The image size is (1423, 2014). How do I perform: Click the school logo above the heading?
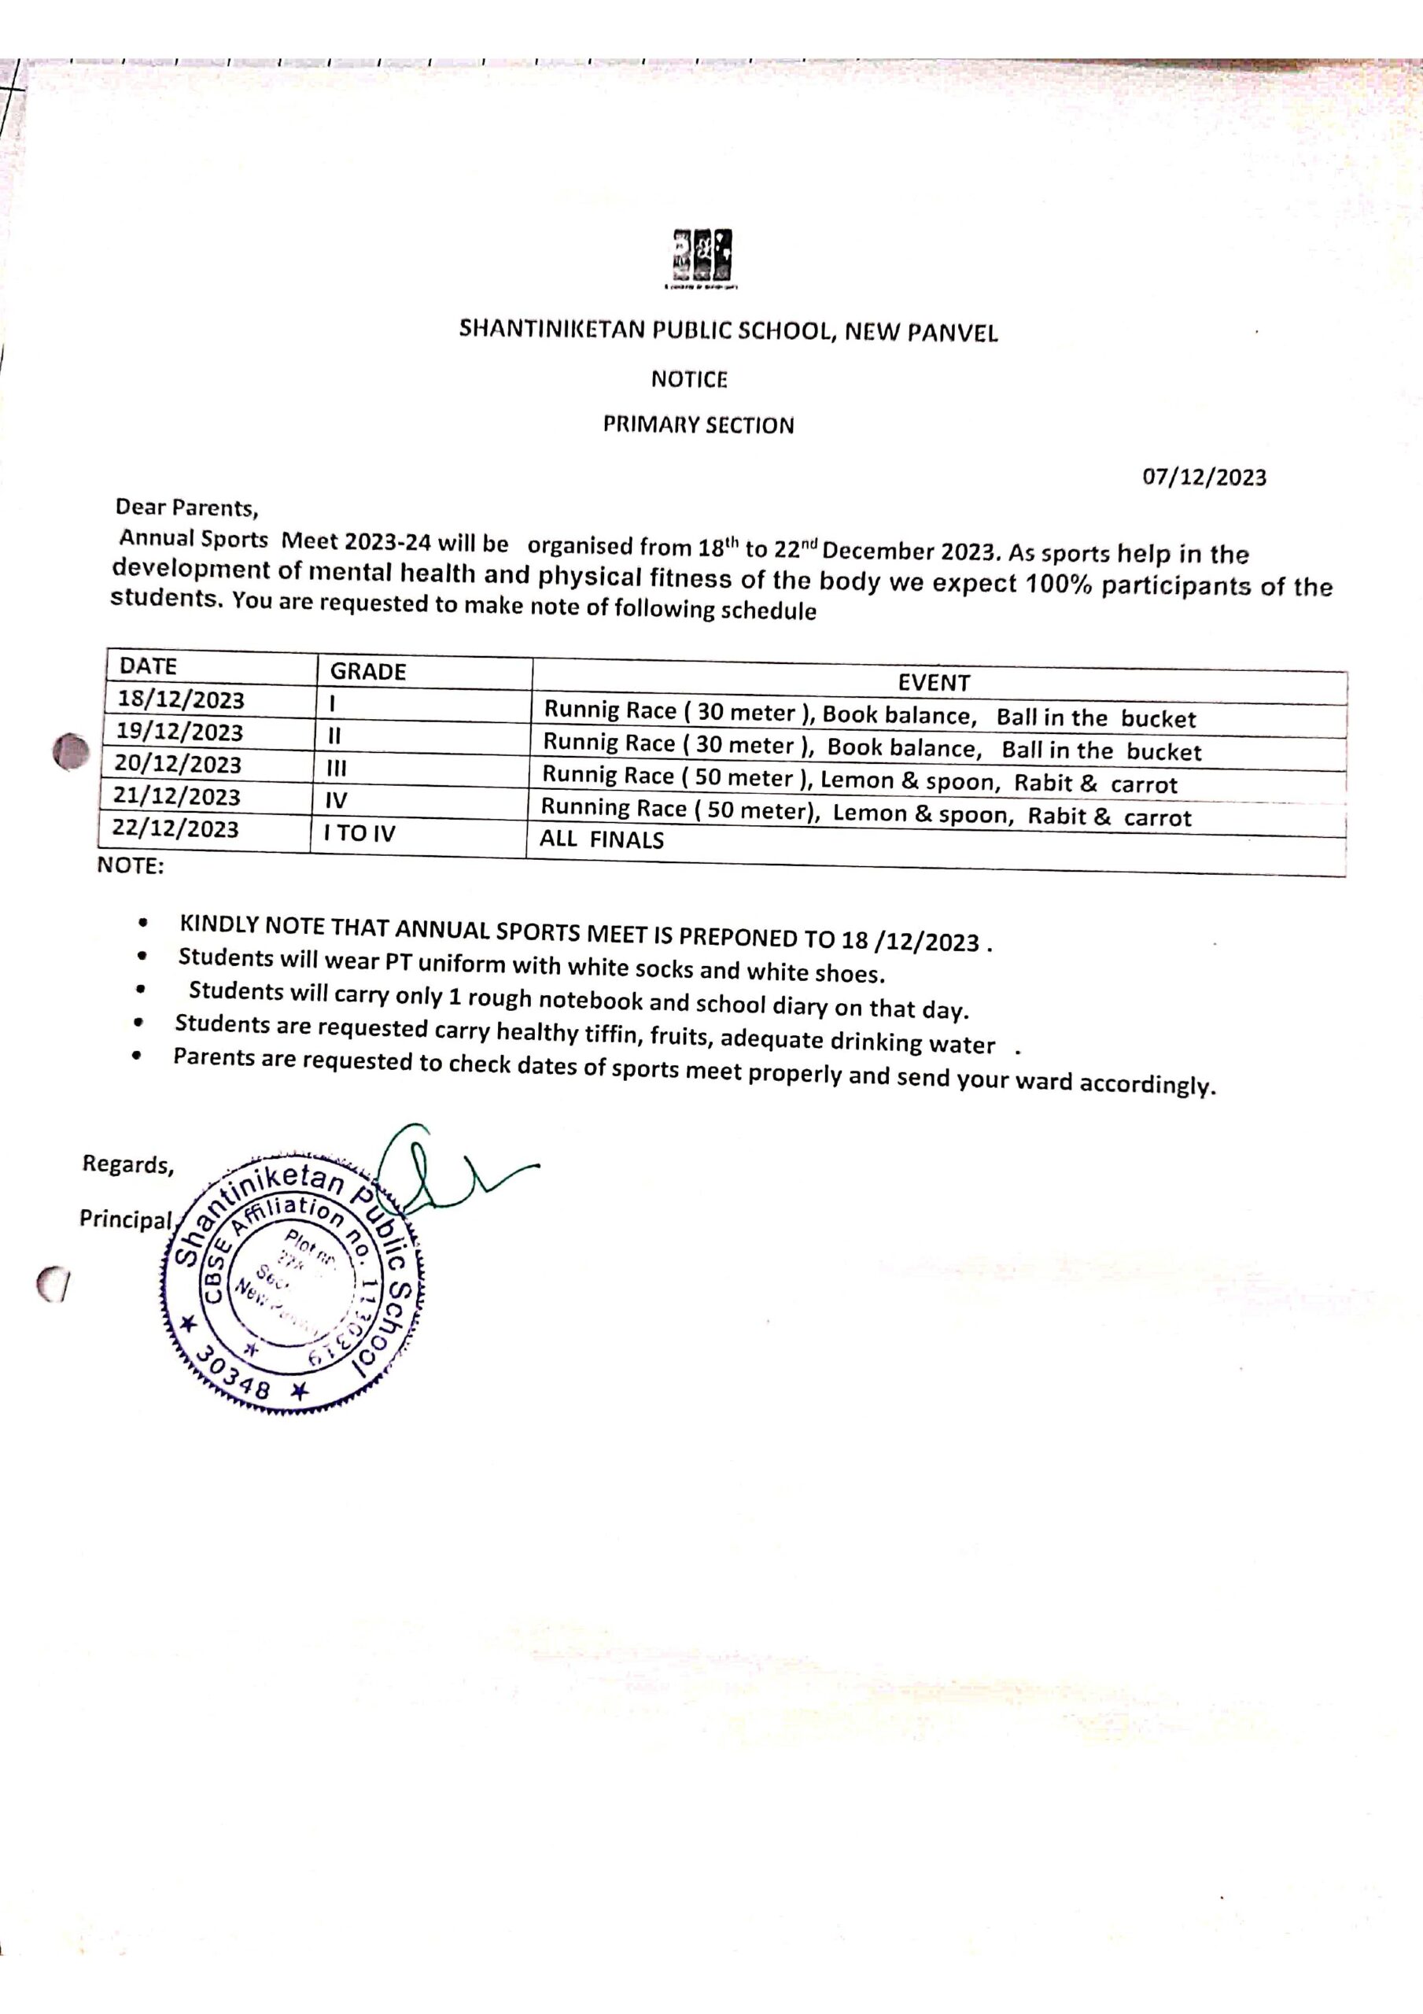pyautogui.click(x=702, y=257)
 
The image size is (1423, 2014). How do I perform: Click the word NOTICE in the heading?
pyautogui.click(x=689, y=380)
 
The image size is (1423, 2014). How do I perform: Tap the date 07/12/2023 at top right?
pyautogui.click(x=1204, y=478)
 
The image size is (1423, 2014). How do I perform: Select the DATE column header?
pyautogui.click(x=148, y=666)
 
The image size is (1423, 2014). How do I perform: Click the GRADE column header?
pyautogui.click(x=367, y=672)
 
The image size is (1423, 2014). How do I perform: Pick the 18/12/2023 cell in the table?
pyautogui.click(x=182, y=700)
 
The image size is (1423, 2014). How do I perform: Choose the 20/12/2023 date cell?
pyautogui.click(x=178, y=765)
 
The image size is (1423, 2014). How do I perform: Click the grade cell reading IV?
pyautogui.click(x=336, y=801)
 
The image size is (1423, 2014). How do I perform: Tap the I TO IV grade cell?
pyautogui.click(x=359, y=833)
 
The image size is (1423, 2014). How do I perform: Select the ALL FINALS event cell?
pyautogui.click(x=602, y=840)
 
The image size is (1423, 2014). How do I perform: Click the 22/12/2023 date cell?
pyautogui.click(x=176, y=829)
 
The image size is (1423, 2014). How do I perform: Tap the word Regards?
pyautogui.click(x=128, y=1165)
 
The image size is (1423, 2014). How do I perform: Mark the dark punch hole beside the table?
pyautogui.click(x=71, y=753)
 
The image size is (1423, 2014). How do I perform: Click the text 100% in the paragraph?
pyautogui.click(x=1059, y=585)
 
